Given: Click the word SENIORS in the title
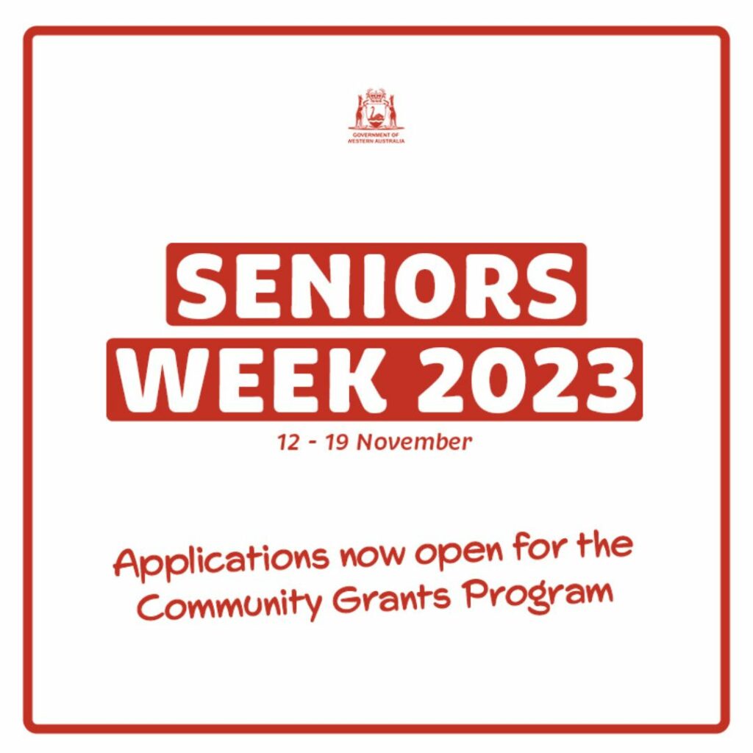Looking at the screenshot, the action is (x=376, y=285).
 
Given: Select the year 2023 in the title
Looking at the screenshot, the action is (x=525, y=379).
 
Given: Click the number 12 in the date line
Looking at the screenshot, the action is (x=289, y=442).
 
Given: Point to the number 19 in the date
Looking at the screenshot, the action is (x=337, y=442).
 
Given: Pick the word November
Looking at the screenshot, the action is (x=415, y=442).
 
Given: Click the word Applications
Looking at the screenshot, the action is (x=221, y=562).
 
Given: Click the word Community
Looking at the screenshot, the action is (x=230, y=603).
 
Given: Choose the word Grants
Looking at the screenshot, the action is (x=391, y=598).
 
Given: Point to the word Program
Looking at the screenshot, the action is (x=538, y=594).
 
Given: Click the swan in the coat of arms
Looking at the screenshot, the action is (x=376, y=115).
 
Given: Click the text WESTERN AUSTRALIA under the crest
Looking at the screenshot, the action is (x=376, y=141).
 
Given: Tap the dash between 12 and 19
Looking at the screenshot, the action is (x=313, y=443).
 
